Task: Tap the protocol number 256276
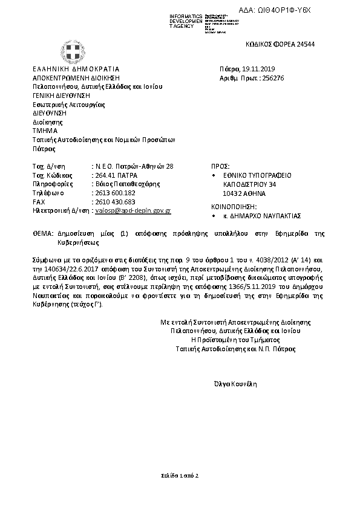tap(271, 78)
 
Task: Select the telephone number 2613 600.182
tap(114, 193)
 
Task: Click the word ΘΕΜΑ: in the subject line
tap(44, 233)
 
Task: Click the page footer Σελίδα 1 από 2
tap(180, 476)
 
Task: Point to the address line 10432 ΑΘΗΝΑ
tap(244, 193)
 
